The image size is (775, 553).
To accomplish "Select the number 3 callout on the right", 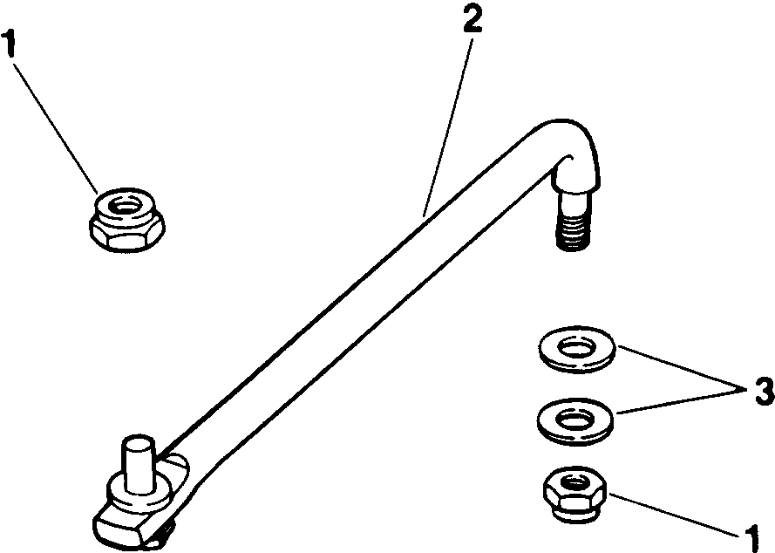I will (763, 391).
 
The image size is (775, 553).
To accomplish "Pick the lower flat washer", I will (574, 420).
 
